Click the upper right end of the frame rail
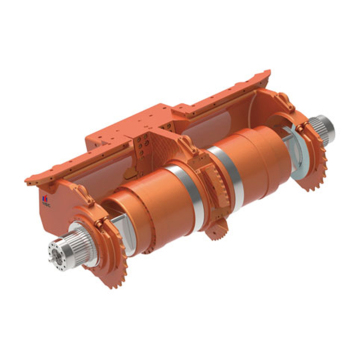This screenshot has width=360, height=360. [268, 72]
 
